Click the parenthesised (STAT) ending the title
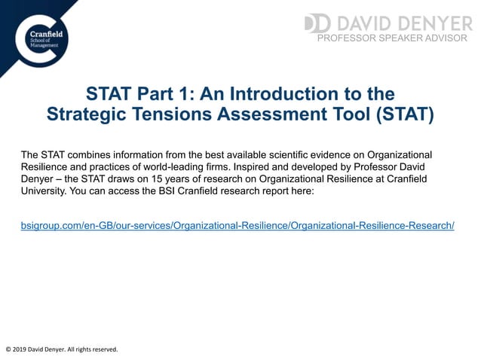click(x=403, y=114)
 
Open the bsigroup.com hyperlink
click(x=237, y=225)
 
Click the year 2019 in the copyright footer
click(x=23, y=349)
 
